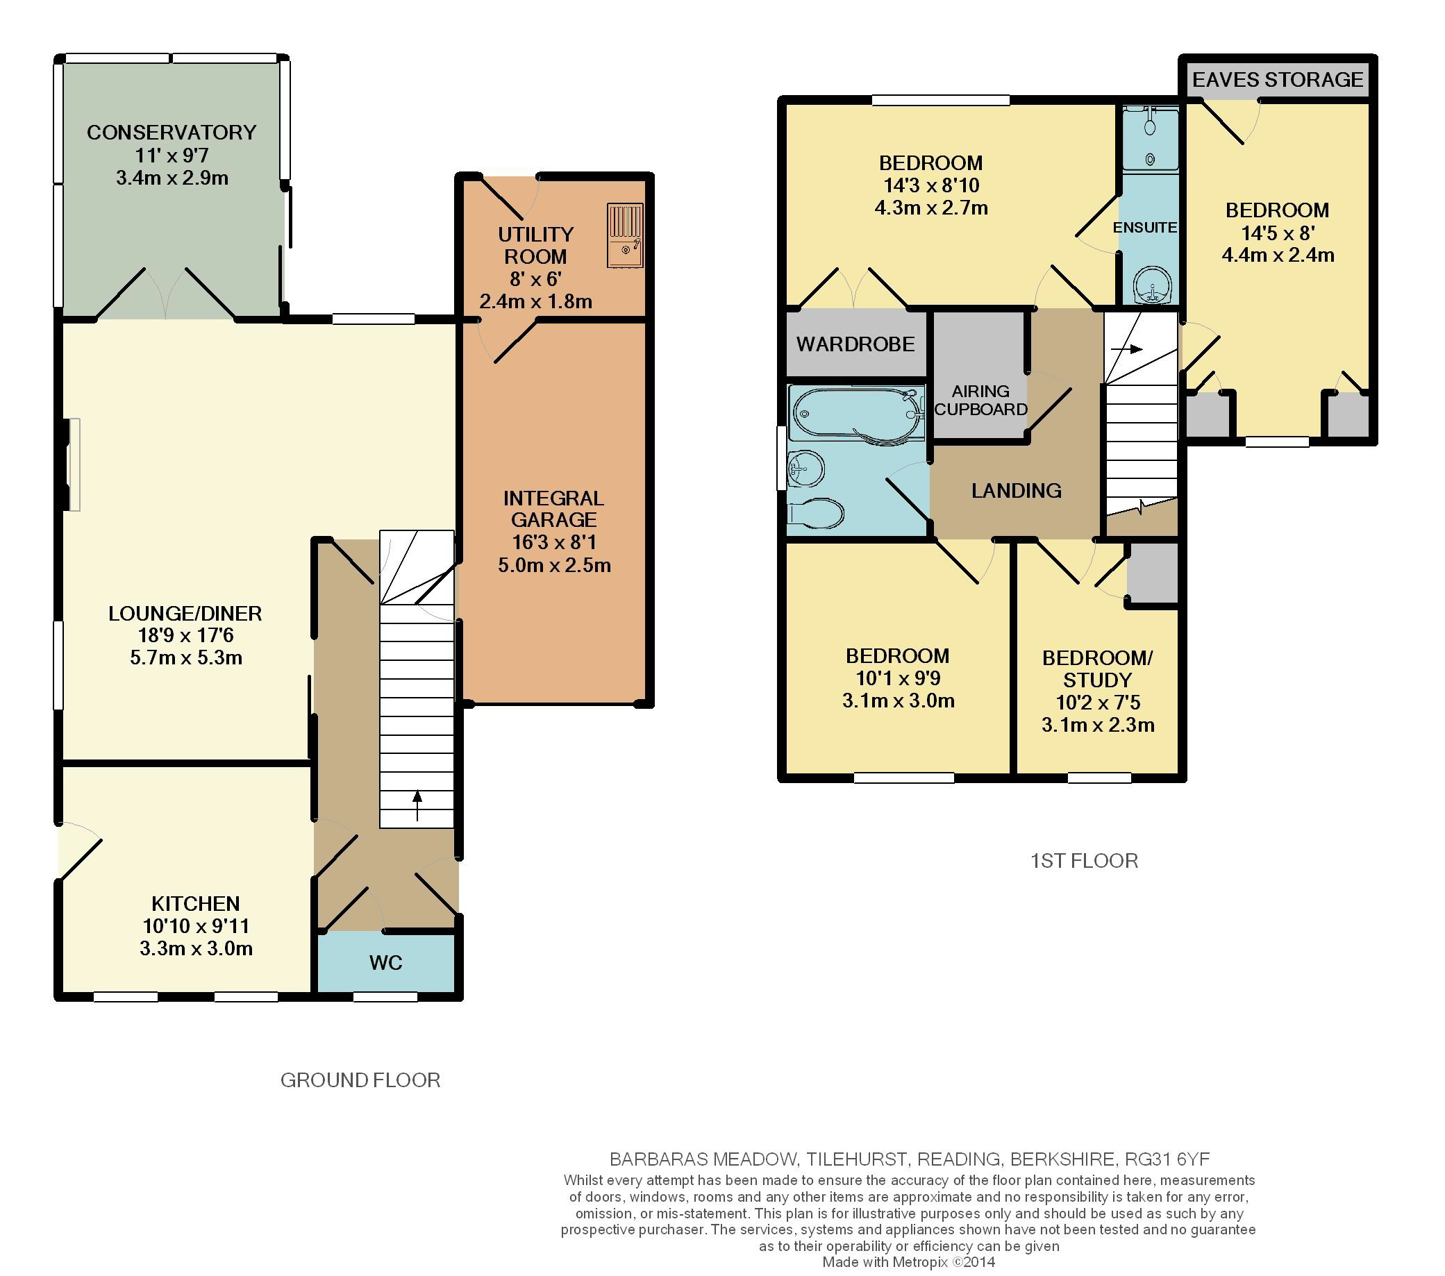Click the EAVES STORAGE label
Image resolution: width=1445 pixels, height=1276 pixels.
point(1278,79)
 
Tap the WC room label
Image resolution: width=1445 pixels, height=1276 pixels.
point(385,962)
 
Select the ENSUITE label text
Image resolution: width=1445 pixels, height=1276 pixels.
point(1144,227)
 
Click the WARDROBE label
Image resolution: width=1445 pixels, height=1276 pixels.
point(855,344)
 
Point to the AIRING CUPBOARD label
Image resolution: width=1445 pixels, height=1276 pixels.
point(980,400)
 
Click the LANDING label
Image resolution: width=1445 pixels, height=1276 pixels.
point(1016,491)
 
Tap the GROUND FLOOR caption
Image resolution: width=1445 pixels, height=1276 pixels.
point(360,1080)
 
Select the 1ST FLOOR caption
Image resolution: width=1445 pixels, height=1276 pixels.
point(1084,861)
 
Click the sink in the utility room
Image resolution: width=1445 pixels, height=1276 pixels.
point(625,235)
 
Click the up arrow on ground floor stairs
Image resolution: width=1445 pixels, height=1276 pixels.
point(417,805)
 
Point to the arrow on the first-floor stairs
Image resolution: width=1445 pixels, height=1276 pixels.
point(1127,349)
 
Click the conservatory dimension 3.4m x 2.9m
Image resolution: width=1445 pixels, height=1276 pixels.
point(172,178)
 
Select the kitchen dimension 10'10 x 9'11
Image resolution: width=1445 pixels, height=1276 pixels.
point(196,925)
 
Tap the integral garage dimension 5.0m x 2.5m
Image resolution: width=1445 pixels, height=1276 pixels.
point(554,565)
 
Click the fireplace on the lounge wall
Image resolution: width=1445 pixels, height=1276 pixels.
point(72,464)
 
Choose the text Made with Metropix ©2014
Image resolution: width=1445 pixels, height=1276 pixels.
point(908,1262)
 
